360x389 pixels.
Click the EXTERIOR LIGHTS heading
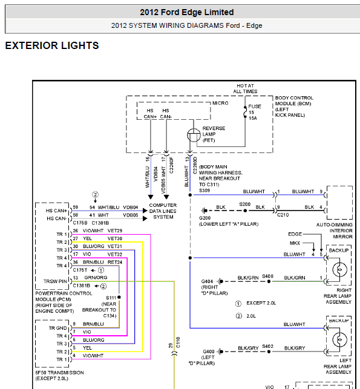click(x=52, y=45)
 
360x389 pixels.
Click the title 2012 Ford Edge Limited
click(x=186, y=12)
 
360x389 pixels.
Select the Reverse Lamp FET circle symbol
click(x=194, y=135)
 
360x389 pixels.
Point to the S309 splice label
click(x=205, y=191)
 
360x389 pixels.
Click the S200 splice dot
click(x=245, y=211)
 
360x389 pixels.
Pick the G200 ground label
click(x=205, y=218)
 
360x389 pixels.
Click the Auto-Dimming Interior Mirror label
click(x=335, y=230)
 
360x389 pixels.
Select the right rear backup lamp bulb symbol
click(x=339, y=269)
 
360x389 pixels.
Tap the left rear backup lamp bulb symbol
click(x=339, y=339)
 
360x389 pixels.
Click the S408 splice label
click(x=267, y=276)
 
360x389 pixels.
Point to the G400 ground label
click(x=208, y=351)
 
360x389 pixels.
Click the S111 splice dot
click(x=119, y=297)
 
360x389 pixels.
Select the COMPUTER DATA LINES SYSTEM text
click(x=163, y=211)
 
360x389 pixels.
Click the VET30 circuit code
click(x=115, y=238)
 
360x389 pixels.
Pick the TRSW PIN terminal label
click(x=55, y=281)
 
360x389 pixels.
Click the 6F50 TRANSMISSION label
click(x=59, y=373)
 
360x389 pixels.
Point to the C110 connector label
click(x=178, y=342)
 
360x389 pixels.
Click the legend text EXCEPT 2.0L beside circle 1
click(x=261, y=303)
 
